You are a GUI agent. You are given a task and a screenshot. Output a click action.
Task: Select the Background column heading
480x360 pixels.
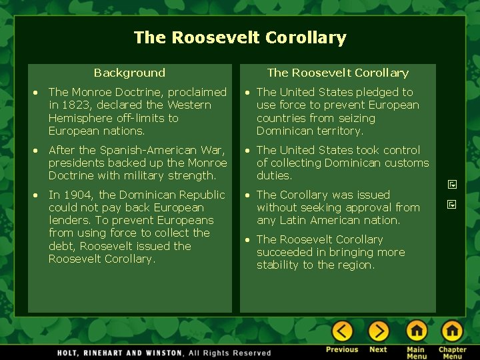pyautogui.click(x=129, y=73)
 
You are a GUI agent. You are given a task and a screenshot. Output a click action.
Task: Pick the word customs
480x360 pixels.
pyautogui.click(x=406, y=163)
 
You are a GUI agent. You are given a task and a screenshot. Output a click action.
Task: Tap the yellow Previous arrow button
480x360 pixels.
pyautogui.click(x=342, y=331)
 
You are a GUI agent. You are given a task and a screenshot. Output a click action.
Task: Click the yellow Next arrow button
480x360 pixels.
pyautogui.click(x=378, y=331)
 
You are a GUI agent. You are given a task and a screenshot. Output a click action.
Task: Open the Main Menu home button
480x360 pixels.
pyautogui.click(x=417, y=331)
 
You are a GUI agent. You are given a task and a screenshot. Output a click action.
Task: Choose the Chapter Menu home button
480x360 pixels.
pyautogui.click(x=452, y=331)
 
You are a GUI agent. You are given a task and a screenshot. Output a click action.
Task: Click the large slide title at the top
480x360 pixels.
pyautogui.click(x=240, y=37)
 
